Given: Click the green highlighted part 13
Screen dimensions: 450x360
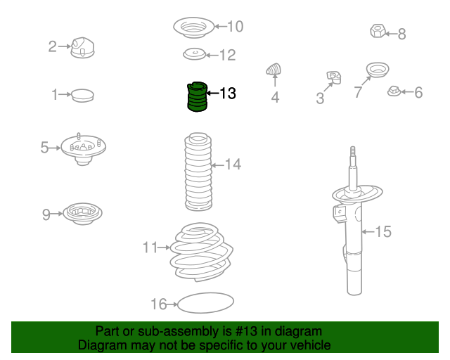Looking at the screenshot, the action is [x=197, y=97].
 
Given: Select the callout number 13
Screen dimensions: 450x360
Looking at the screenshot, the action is [x=228, y=94].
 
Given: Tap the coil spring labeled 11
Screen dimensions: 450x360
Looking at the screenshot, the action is [x=202, y=252].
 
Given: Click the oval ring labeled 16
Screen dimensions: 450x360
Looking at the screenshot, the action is [x=205, y=303].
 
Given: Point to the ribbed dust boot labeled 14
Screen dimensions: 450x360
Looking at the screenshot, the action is [x=198, y=172].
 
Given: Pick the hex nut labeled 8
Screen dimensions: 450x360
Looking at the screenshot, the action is [x=378, y=31].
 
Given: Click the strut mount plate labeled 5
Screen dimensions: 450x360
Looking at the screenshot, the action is [x=83, y=149].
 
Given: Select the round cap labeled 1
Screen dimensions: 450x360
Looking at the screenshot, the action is [x=82, y=96].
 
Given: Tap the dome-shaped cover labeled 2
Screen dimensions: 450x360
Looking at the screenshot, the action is [x=82, y=48].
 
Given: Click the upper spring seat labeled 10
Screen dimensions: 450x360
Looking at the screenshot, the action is [x=194, y=27].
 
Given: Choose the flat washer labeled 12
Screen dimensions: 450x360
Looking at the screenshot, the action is [x=194, y=54].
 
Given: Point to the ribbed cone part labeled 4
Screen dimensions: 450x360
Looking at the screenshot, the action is [x=274, y=69].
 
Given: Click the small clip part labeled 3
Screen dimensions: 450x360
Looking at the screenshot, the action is [x=334, y=77].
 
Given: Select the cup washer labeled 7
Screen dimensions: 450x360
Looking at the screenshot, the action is [x=378, y=70].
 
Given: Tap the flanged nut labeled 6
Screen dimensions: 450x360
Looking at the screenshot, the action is [x=394, y=91].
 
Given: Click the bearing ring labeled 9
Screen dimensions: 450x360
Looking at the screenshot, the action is [x=82, y=214].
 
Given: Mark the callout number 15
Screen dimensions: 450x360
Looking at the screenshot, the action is [x=383, y=231].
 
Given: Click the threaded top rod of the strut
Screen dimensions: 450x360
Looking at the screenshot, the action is [x=353, y=155].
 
